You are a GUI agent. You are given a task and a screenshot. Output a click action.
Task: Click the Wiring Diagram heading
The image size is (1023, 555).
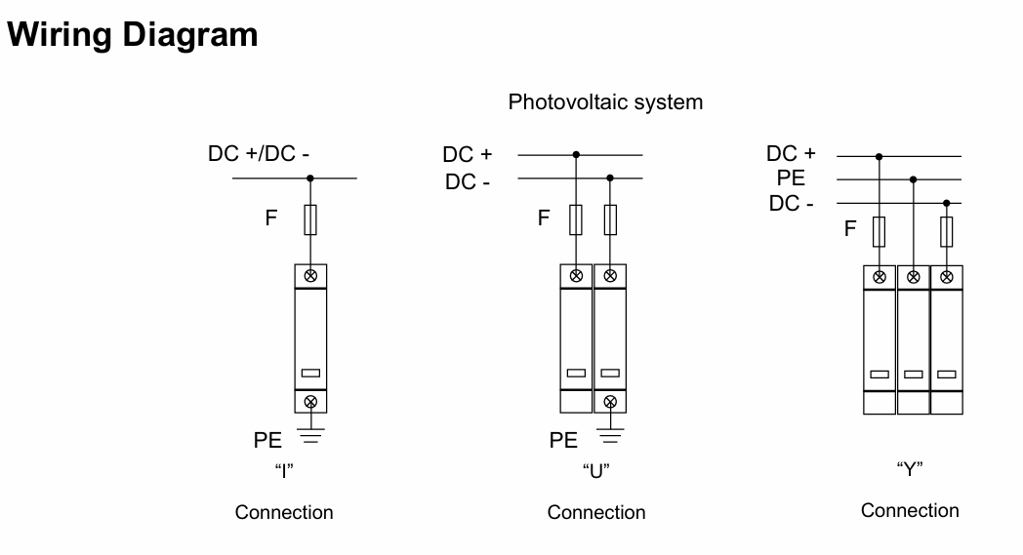point(133,35)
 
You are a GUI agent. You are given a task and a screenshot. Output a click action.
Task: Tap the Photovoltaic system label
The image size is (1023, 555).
point(605,101)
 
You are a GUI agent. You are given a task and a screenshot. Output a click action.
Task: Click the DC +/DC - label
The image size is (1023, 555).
point(260,154)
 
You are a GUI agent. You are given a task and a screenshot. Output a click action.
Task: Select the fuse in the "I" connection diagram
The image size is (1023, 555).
point(310,219)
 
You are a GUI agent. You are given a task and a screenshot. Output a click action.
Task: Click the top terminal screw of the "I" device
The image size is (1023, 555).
point(310,276)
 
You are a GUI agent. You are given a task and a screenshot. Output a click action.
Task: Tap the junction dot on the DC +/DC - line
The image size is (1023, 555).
point(310,178)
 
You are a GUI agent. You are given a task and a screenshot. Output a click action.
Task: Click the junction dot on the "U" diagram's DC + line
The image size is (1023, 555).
point(577,154)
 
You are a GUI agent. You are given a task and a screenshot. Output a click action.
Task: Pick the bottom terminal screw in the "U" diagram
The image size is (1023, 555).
point(610,401)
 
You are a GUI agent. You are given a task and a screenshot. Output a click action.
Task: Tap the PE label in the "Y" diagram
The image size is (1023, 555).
point(791,178)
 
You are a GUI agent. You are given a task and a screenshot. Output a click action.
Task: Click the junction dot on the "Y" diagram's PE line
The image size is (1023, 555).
point(914,179)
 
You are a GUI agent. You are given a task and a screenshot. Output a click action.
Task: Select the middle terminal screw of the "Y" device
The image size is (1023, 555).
point(914,277)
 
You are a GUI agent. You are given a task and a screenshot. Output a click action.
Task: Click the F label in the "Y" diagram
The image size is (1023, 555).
point(850,229)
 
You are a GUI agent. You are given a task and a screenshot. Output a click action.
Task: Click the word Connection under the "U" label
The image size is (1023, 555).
point(596,512)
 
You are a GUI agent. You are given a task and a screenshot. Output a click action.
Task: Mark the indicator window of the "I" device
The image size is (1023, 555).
point(310,373)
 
